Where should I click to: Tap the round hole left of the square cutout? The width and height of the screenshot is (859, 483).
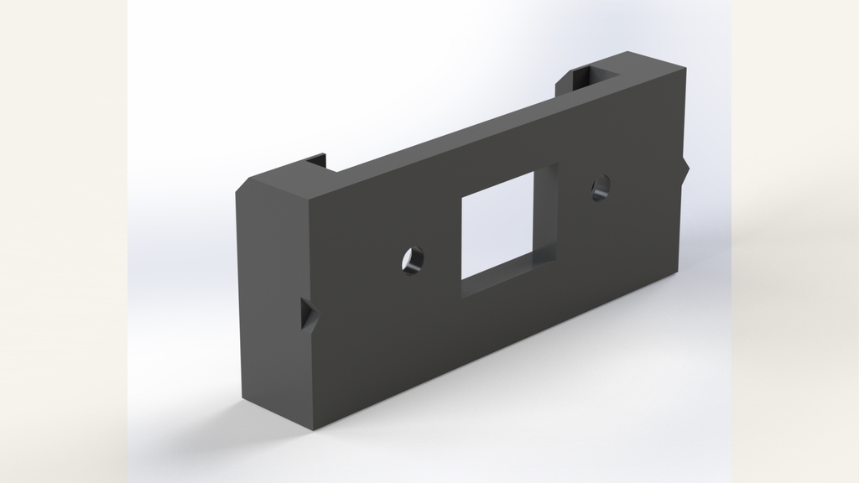[x=411, y=262]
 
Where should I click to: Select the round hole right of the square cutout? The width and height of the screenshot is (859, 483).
[x=600, y=188]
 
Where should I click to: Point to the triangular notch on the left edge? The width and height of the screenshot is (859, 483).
[x=309, y=317]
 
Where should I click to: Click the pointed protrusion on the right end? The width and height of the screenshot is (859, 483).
[x=686, y=171]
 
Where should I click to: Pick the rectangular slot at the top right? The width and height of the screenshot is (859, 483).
[x=591, y=78]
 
